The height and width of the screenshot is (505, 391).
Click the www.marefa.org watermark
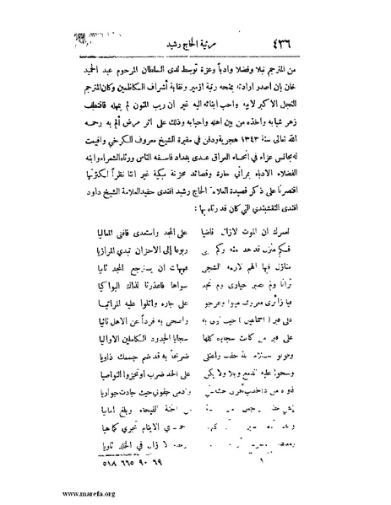41,492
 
